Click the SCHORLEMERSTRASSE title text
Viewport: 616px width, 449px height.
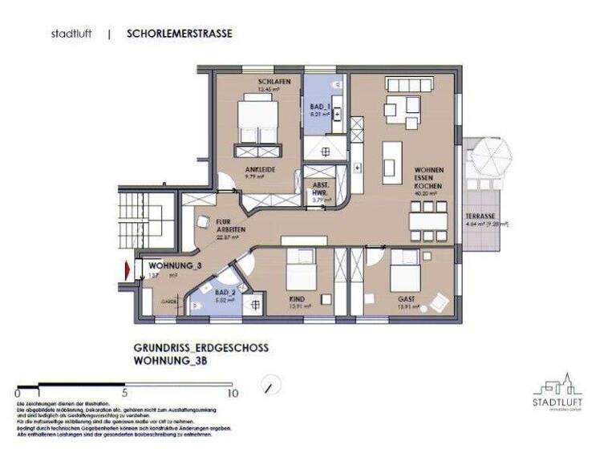[x=180, y=34]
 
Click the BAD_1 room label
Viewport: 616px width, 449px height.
[x=321, y=105]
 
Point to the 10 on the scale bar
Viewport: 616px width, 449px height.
[x=233, y=394]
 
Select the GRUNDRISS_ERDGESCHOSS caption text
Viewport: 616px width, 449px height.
[x=201, y=349]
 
